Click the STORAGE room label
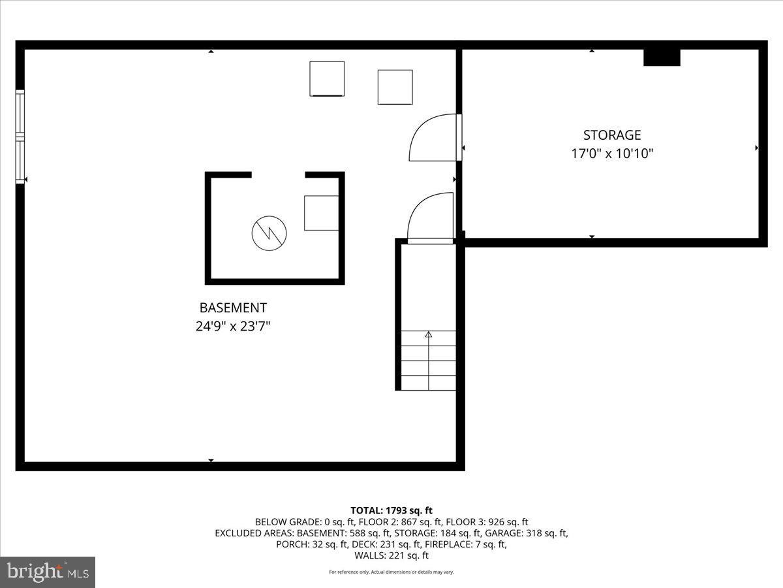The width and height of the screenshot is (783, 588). click(x=611, y=135)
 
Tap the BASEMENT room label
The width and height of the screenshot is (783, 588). click(x=233, y=308)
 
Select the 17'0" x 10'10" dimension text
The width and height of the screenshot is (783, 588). click(x=611, y=154)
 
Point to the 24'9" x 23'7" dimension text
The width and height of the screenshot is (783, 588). click(x=233, y=326)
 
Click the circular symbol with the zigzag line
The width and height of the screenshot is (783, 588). click(x=269, y=233)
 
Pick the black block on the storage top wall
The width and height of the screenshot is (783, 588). click(x=662, y=57)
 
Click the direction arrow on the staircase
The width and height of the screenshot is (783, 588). click(x=429, y=335)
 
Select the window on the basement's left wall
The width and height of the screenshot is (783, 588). click(x=20, y=137)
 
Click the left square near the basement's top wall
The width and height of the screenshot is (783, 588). click(x=327, y=78)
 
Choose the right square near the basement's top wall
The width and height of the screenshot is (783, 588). click(x=395, y=87)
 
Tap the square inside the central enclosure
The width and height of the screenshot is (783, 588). click(x=321, y=212)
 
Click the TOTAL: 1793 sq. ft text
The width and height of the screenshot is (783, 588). click(x=391, y=510)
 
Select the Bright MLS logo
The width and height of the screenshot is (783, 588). click(x=48, y=572)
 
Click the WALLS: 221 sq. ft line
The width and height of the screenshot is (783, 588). click(x=391, y=556)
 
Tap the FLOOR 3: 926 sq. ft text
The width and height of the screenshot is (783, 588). click(x=489, y=522)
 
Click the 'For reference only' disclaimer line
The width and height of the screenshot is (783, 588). click(x=391, y=572)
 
